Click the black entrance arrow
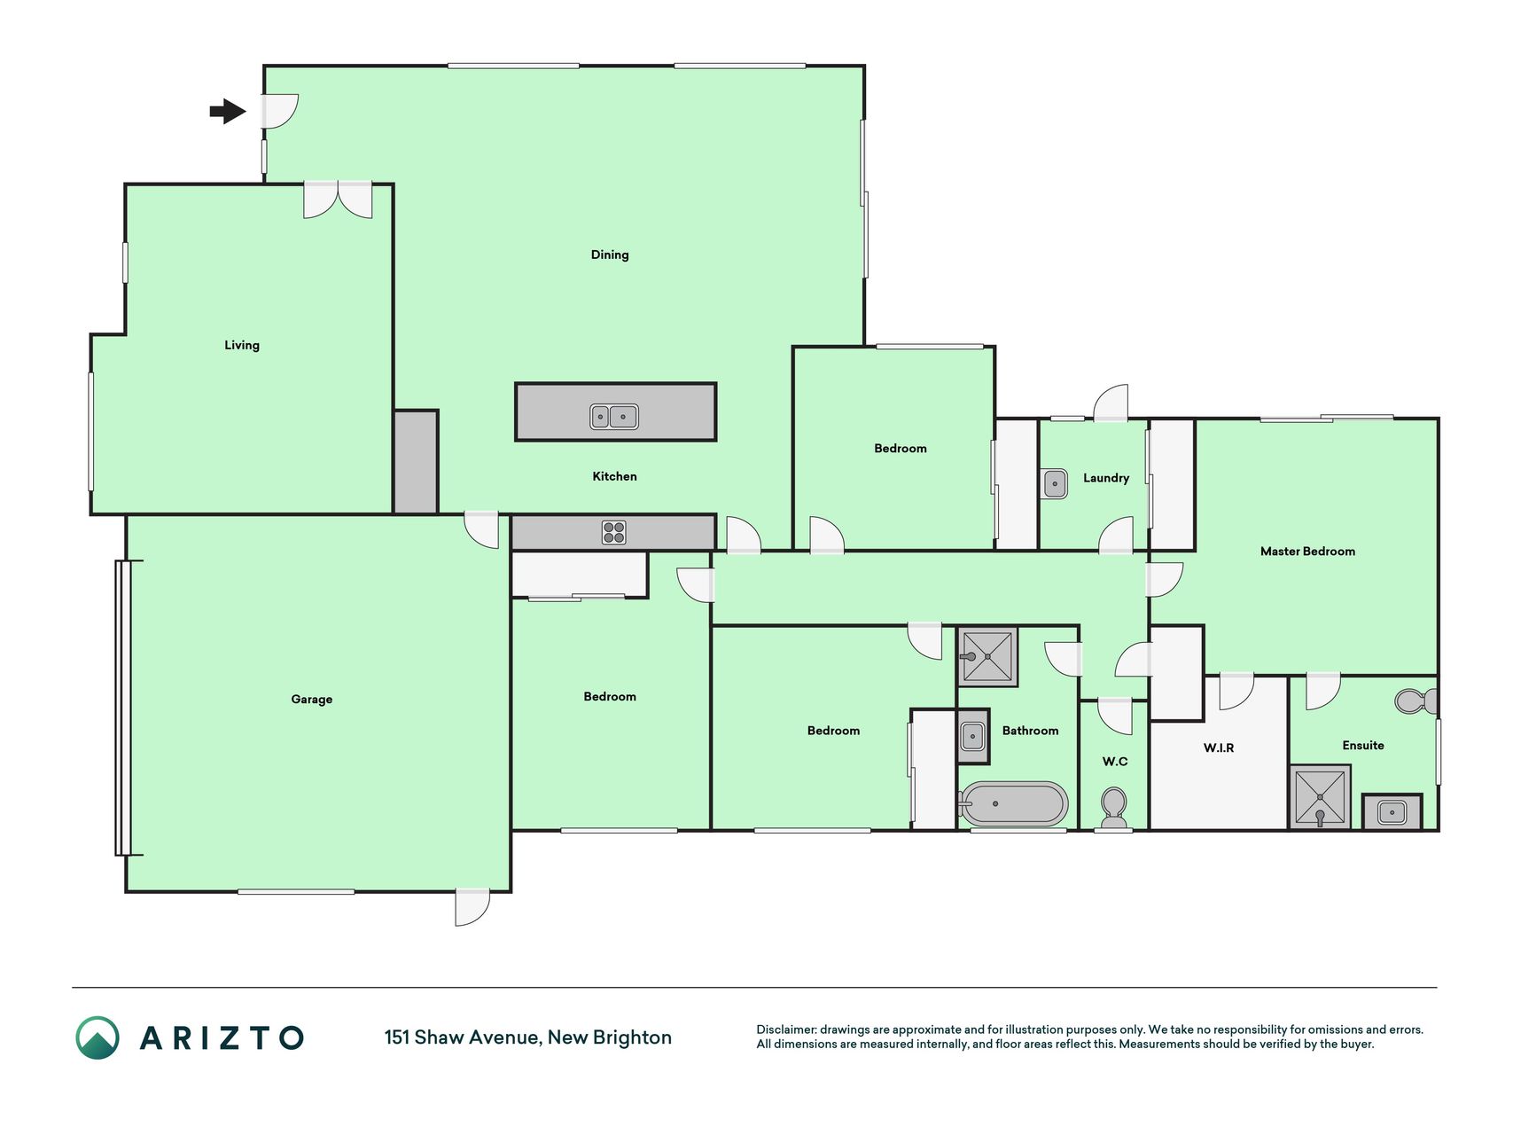point(228,111)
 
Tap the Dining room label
point(610,254)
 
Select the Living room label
point(242,345)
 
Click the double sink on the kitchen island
point(614,417)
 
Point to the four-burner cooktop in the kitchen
point(614,532)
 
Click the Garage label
point(312,699)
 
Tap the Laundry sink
point(1055,484)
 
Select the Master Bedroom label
point(1307,551)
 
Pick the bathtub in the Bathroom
point(1013,804)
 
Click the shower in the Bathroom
point(987,657)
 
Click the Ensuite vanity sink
point(1392,811)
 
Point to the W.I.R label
point(1219,748)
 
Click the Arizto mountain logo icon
point(97,1037)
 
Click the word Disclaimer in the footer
point(785,1029)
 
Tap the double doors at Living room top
point(338,200)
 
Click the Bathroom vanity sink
point(972,736)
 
